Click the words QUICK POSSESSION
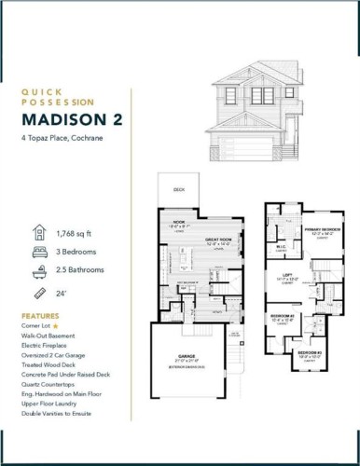tap(58, 97)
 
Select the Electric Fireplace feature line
tap(48, 347)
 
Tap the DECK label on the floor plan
tap(180, 190)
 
